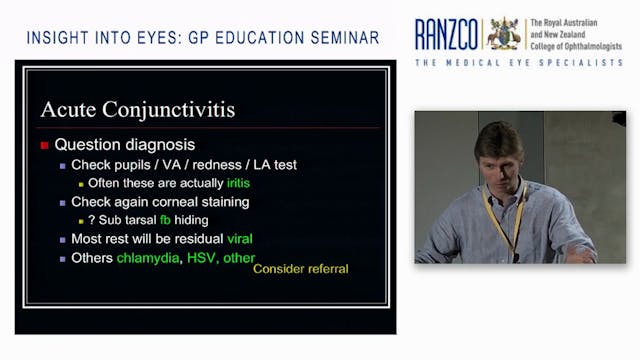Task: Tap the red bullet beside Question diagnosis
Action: (x=44, y=144)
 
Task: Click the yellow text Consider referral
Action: (x=300, y=268)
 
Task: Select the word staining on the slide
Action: (x=220, y=202)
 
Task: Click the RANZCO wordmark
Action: (x=447, y=34)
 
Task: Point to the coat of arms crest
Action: (x=503, y=33)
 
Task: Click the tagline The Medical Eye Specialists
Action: (x=519, y=63)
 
